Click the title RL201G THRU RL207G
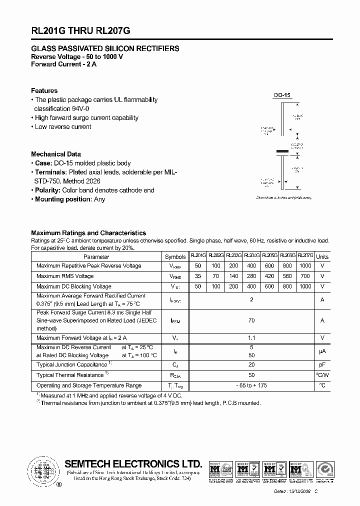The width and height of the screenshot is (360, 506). point(81,30)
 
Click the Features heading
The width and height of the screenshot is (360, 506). point(44,90)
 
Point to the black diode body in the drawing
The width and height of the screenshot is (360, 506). point(283,150)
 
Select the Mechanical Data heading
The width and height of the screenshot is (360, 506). point(56,154)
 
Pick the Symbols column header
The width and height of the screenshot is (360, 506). point(175,256)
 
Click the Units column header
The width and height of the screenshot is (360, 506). point(322,256)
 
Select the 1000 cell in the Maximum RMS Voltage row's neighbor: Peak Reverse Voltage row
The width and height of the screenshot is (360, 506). point(305,266)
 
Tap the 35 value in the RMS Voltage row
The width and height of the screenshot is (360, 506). point(198,276)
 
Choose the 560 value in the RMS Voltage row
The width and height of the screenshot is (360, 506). point(287,276)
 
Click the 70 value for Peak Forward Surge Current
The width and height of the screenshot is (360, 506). point(251,320)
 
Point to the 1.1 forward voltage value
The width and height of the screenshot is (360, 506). point(251,338)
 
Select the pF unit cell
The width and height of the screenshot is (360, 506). point(322,365)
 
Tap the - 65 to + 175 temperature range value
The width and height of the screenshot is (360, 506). point(251,385)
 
